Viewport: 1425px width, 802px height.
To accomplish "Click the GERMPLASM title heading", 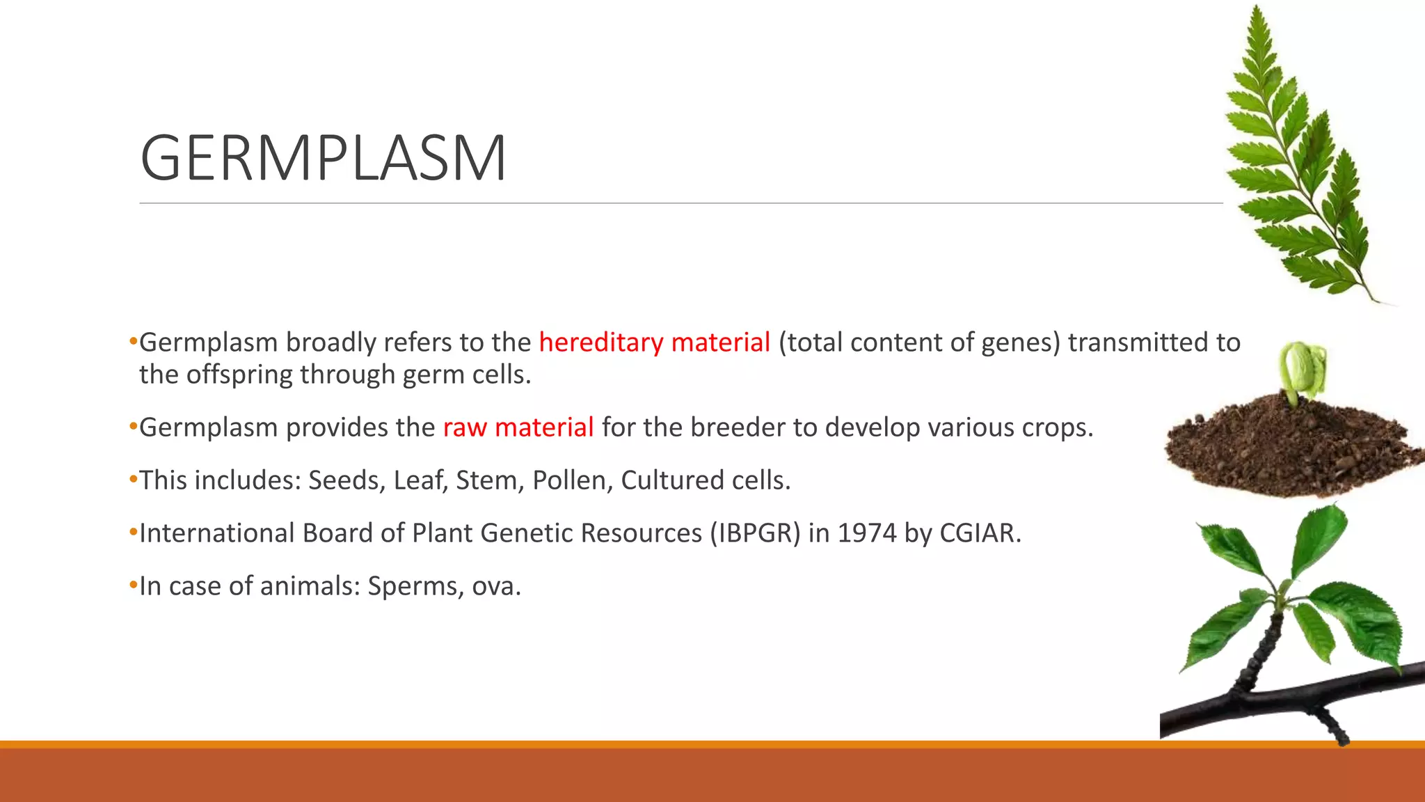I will click(x=324, y=159).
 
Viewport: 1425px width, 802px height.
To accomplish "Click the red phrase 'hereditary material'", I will click(x=654, y=343).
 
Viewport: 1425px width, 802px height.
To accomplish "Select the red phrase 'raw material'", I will click(x=518, y=427).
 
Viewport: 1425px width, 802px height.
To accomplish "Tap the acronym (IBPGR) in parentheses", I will click(x=755, y=533).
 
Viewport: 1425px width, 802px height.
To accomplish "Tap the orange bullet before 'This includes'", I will click(x=134, y=480).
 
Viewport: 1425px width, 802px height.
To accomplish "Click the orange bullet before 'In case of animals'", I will click(x=134, y=585).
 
